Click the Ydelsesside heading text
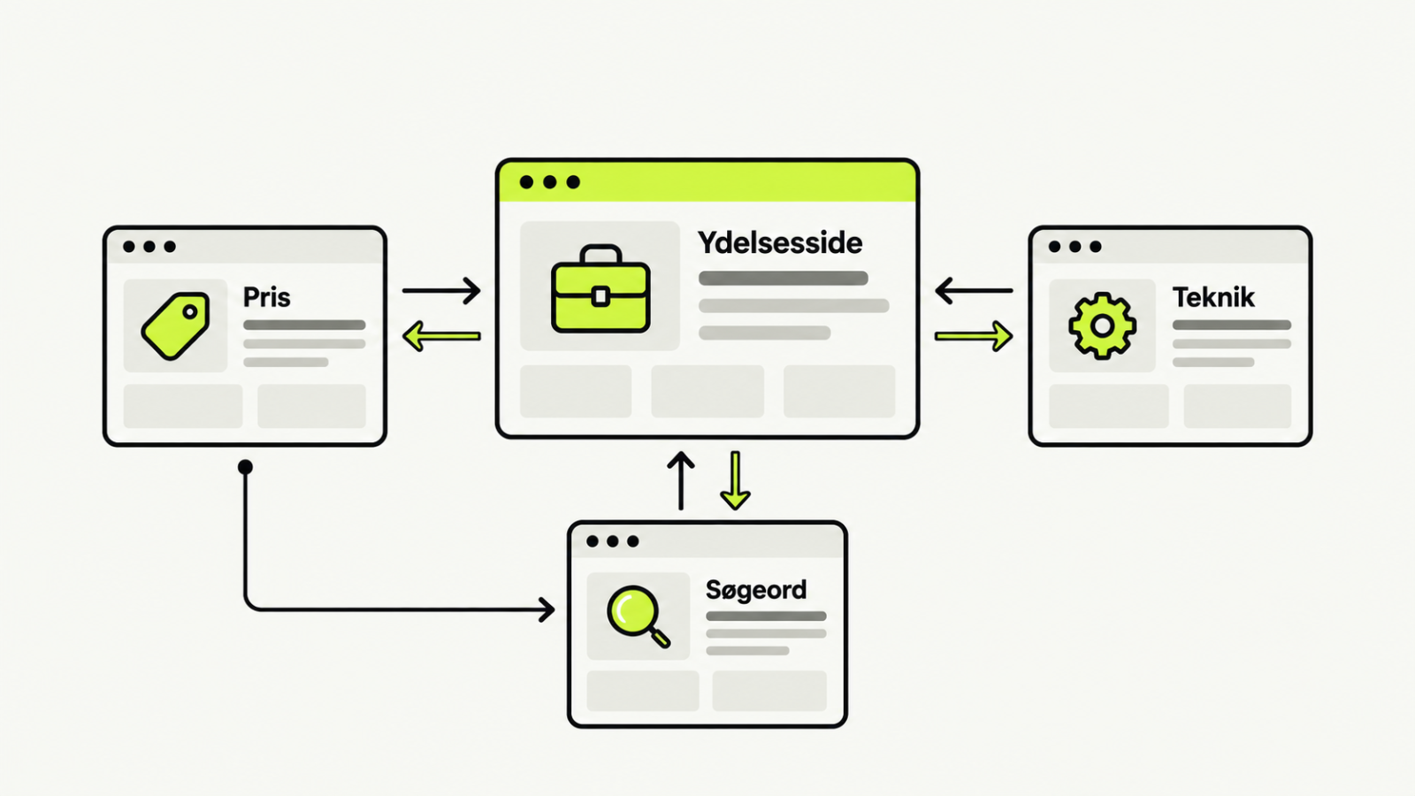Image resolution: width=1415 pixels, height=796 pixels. coord(779,243)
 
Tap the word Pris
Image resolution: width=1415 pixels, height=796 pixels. coord(266,297)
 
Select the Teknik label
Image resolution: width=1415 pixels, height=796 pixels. coord(1212,297)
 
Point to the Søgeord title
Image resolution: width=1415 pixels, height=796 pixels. coord(755,590)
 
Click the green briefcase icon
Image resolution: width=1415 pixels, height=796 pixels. coord(600,288)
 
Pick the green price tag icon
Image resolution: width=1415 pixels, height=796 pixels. coord(176,325)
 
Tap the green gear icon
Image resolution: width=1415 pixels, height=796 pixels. coord(1102,326)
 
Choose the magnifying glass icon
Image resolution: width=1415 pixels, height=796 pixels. coord(637,616)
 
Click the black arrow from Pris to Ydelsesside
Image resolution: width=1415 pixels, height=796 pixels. coord(441,291)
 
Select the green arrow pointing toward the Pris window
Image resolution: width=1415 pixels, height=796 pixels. coord(441,336)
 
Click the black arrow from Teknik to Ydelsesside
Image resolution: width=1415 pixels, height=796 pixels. coord(974,291)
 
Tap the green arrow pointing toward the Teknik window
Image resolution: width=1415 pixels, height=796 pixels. coord(974,336)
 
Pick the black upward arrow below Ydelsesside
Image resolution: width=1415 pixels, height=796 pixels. coord(681,480)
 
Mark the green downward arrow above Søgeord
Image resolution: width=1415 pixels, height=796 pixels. coord(735,480)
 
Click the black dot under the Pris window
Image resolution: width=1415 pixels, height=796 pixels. coord(245,467)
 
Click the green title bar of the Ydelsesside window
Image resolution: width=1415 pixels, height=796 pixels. coord(707,182)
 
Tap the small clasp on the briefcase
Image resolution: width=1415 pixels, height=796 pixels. coord(600,296)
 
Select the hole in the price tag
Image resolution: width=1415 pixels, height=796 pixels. coord(189,312)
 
